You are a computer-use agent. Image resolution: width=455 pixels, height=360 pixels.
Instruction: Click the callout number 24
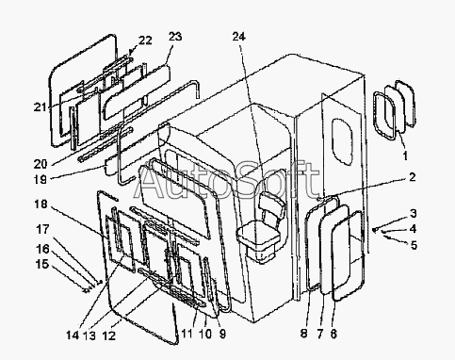tap(239, 37)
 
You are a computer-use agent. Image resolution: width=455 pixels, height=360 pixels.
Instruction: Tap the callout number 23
tap(175, 37)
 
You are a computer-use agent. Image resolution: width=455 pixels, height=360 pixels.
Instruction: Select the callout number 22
tap(145, 41)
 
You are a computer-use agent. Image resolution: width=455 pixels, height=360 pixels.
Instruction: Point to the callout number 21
tap(41, 107)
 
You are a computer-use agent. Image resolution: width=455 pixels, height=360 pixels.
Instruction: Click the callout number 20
tap(41, 164)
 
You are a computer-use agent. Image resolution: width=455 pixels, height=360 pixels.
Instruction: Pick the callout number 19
tap(41, 179)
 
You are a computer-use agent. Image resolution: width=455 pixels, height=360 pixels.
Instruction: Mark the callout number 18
tap(41, 205)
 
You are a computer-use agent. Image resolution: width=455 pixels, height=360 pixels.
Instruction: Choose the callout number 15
tap(42, 264)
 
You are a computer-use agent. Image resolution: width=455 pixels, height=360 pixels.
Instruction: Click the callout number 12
tap(109, 335)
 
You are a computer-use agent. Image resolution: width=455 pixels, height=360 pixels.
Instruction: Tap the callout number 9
tap(222, 334)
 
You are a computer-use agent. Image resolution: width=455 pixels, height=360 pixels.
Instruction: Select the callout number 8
tap(303, 334)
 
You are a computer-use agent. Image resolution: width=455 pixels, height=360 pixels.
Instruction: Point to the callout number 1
tap(405, 155)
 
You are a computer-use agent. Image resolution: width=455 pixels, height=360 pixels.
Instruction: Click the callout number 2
tap(412, 177)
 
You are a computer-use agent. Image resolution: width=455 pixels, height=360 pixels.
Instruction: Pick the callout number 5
tap(414, 245)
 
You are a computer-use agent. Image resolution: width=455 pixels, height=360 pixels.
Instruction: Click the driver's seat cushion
tap(258, 237)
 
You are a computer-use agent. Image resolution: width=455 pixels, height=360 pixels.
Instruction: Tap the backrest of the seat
tap(272, 205)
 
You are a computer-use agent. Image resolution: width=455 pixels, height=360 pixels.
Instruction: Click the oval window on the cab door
tap(343, 141)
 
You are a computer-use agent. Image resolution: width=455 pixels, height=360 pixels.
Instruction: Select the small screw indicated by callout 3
tap(374, 230)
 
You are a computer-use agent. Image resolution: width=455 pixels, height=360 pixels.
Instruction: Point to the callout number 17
tap(42, 229)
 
